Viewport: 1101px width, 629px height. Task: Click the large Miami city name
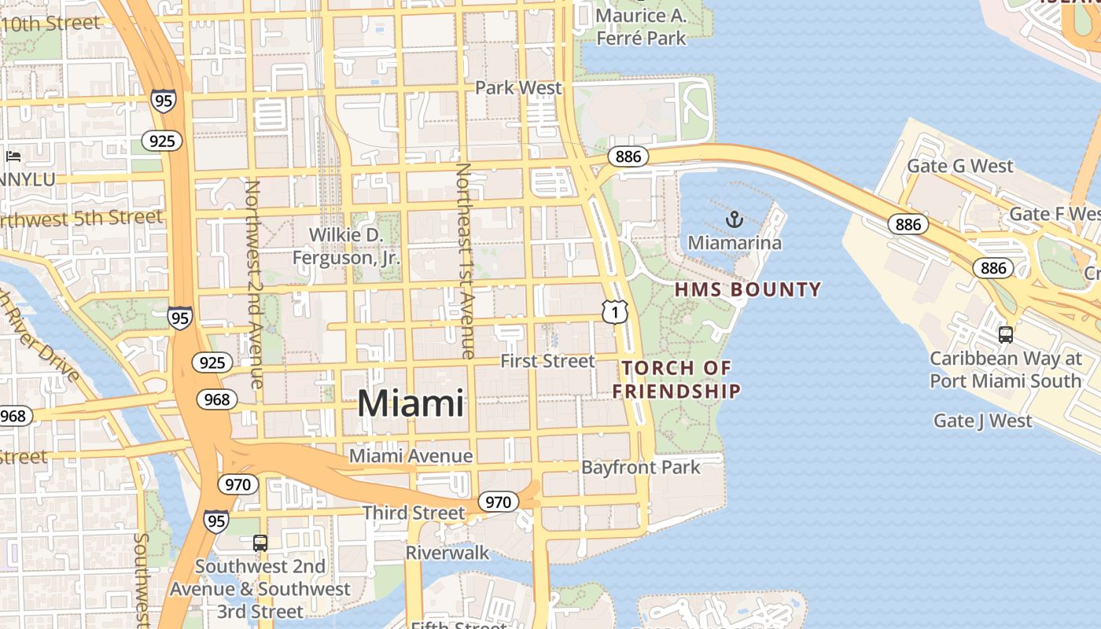411,403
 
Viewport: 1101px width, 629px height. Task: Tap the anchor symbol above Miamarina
735,219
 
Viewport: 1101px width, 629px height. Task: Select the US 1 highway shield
615,312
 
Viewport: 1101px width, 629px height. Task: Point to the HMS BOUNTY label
748,289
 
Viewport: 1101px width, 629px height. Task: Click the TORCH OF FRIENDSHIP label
677,379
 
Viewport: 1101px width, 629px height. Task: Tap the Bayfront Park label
640,468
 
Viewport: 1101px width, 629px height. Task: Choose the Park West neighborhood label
519,87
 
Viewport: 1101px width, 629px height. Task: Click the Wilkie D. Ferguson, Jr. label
346,246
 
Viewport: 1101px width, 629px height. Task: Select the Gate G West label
960,166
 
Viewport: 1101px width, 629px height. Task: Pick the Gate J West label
982,421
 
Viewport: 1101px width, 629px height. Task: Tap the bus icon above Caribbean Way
1005,335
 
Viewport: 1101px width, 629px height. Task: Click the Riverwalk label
447,553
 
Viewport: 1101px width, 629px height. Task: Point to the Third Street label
414,513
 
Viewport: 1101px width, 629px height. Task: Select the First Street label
548,361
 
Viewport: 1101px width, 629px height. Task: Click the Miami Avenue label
411,456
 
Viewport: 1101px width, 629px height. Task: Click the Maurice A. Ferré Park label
641,26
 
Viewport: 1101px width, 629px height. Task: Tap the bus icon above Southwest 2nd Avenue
260,543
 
